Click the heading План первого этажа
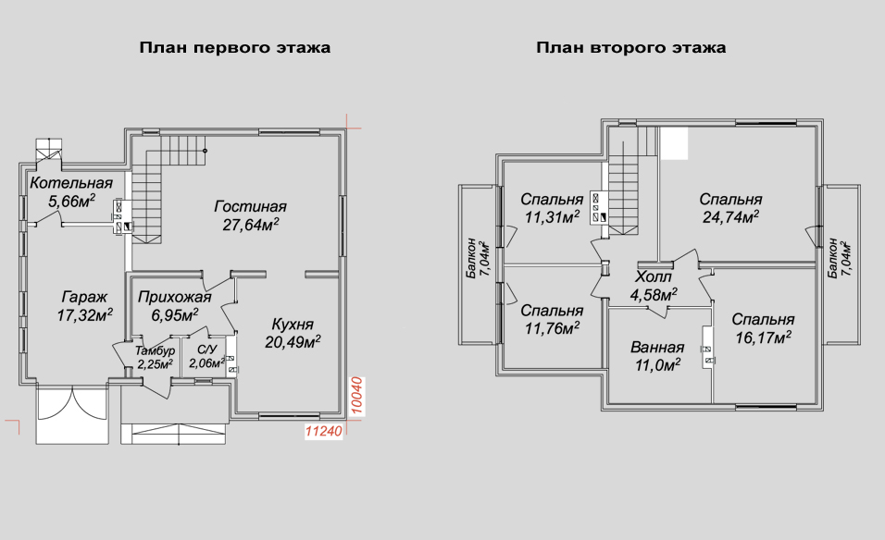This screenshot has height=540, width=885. [x=235, y=48]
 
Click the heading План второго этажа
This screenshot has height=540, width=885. [x=631, y=48]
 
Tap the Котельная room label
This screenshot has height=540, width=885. [x=71, y=183]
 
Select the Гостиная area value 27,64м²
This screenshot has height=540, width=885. [x=251, y=225]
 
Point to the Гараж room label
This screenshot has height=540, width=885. [x=84, y=297]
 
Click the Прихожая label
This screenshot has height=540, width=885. [x=174, y=297]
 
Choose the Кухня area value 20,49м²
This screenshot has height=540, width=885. [x=293, y=341]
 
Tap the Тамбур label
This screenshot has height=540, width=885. [x=155, y=351]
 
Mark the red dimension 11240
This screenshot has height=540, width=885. [x=324, y=431]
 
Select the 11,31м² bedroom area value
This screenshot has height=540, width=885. [x=552, y=216]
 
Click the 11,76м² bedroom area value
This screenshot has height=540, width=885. [x=552, y=328]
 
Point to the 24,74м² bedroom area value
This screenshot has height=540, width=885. [x=731, y=216]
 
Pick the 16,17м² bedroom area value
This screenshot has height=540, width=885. [x=763, y=337]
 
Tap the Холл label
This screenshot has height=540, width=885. [x=654, y=277]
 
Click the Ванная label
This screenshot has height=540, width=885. [x=657, y=348]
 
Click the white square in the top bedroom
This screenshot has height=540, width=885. [x=674, y=143]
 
